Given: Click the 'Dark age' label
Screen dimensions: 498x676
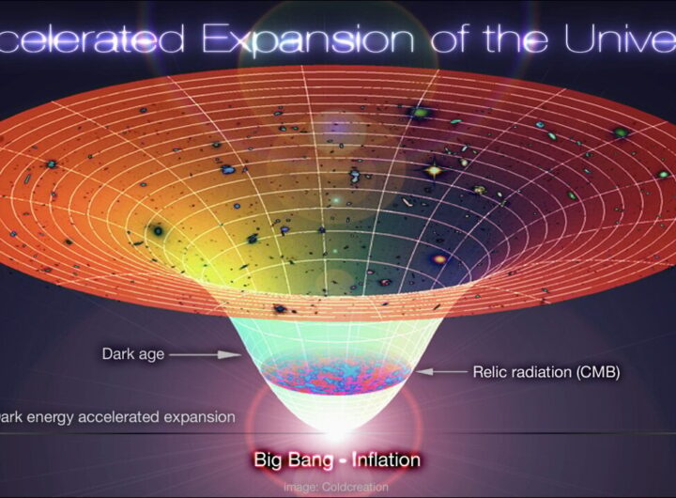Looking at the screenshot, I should [132, 354].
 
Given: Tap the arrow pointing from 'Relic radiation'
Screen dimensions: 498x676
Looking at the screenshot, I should [441, 372].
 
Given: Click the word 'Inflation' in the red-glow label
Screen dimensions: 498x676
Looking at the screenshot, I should [384, 460].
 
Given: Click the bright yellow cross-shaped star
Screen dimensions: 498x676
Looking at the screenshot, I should [433, 171].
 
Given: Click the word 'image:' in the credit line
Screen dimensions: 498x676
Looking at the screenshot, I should [300, 487].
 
